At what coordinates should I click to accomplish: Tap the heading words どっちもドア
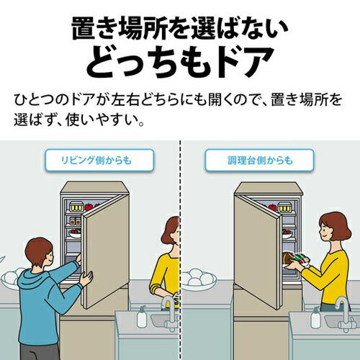click(x=179, y=62)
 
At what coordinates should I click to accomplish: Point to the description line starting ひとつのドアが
click(x=179, y=97)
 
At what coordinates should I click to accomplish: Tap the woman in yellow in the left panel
click(x=167, y=266)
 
